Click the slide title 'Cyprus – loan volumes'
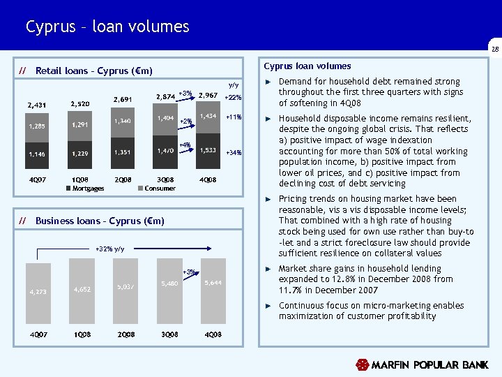107,27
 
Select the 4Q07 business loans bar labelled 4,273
38,292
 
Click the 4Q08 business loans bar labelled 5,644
212,286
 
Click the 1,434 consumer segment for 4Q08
208,118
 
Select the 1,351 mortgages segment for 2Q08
123,151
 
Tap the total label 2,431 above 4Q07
36,106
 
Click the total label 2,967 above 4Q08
208,95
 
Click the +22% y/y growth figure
233,98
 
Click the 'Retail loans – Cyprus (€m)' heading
93,71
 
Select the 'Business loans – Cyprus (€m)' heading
100,221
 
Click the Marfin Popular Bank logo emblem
361,364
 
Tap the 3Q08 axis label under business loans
170,334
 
